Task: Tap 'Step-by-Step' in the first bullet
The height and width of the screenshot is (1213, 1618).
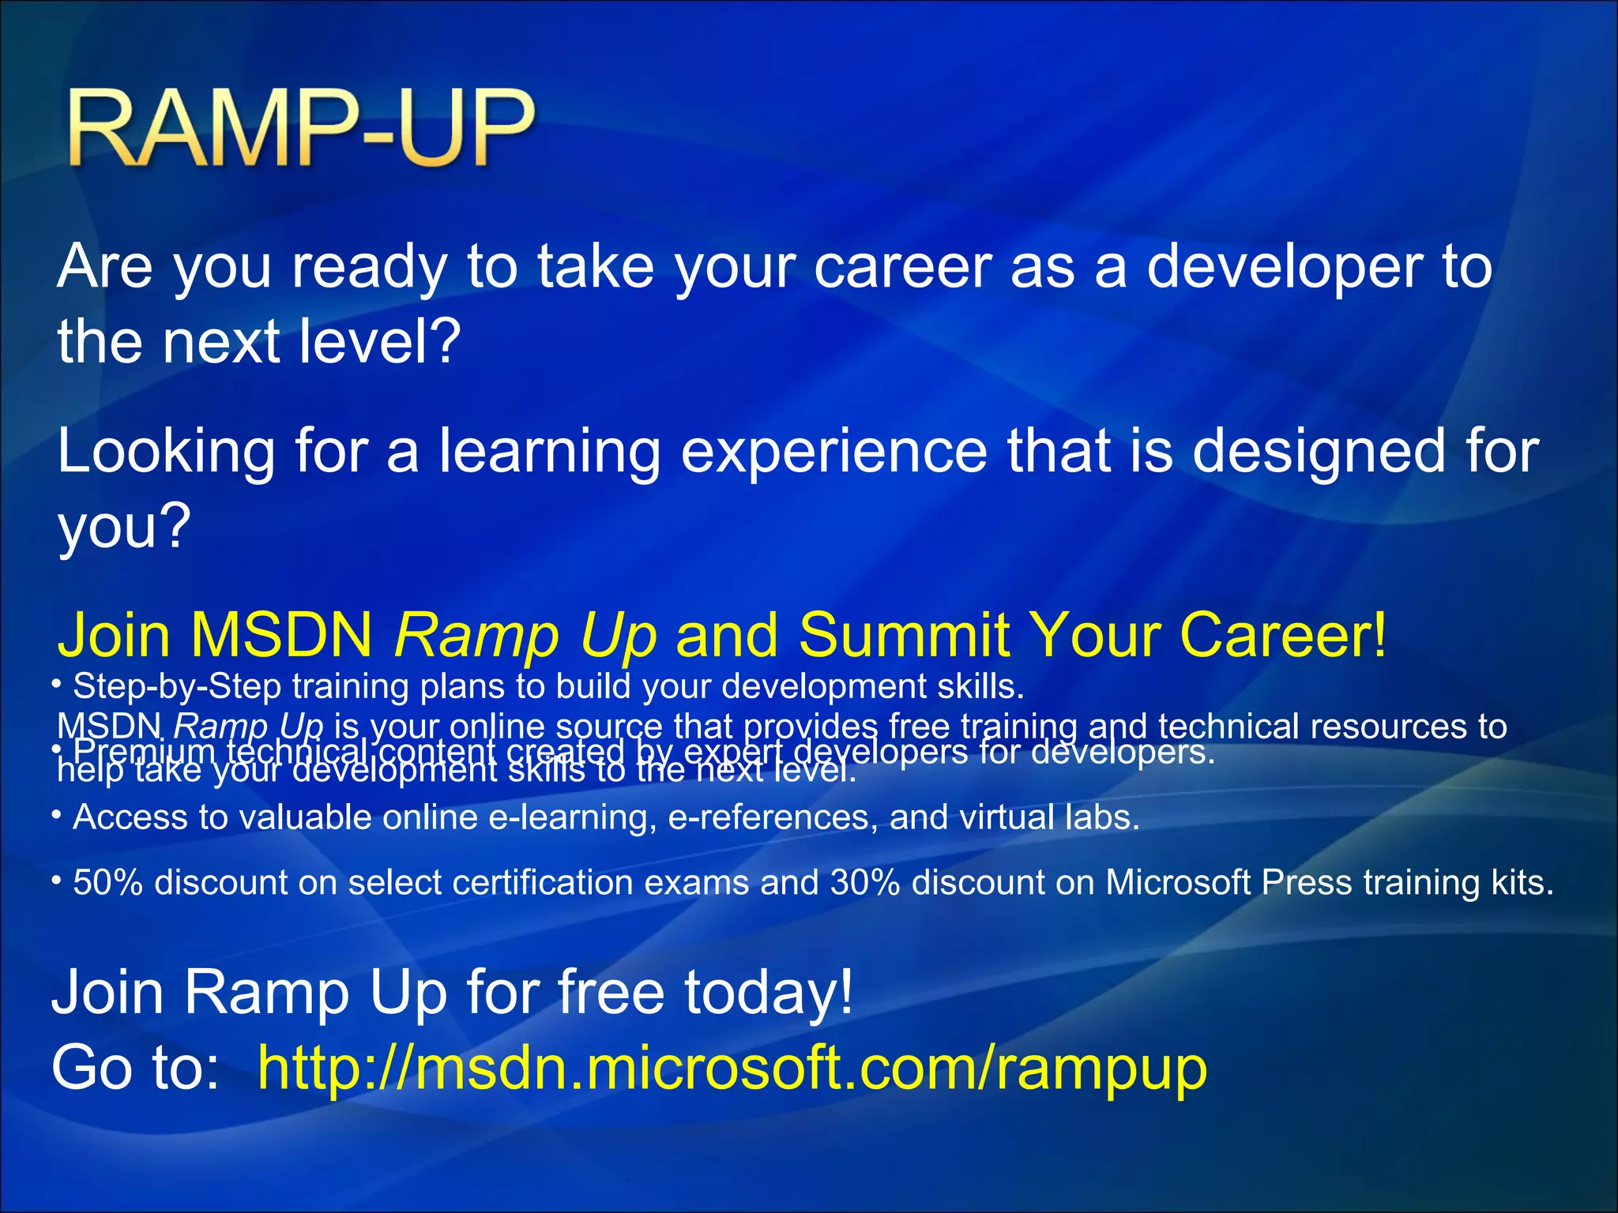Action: (177, 686)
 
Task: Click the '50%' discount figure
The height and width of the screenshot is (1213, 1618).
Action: (107, 882)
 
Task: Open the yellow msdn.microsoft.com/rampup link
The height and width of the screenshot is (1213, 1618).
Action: (732, 1068)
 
